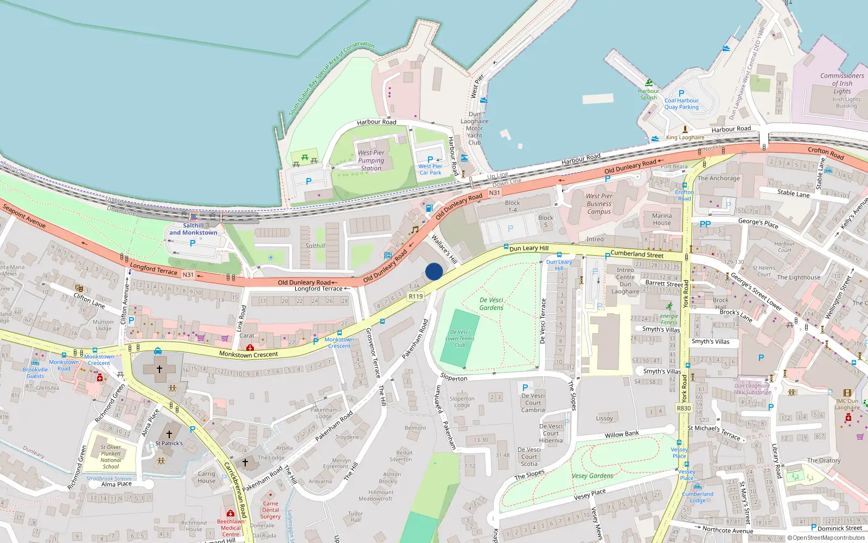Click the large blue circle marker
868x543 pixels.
(434, 271)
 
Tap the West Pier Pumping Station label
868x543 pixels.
(371, 160)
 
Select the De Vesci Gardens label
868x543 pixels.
(492, 304)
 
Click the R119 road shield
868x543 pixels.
(416, 296)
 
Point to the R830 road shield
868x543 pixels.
(684, 408)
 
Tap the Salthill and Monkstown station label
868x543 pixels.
(193, 229)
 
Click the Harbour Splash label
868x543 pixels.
(648, 94)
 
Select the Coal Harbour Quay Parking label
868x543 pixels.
(681, 104)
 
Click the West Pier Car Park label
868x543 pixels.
(430, 169)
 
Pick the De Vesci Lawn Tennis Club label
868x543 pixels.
(459, 338)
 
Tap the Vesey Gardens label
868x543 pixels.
(592, 476)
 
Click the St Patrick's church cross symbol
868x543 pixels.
(169, 434)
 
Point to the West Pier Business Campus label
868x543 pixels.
(599, 204)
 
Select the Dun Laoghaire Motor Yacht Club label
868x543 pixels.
(475, 129)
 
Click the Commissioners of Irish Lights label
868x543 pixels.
(842, 84)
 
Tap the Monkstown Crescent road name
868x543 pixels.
(248, 354)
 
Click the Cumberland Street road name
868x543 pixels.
(637, 254)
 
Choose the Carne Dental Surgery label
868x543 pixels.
(270, 510)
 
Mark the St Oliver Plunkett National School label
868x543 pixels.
(111, 457)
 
